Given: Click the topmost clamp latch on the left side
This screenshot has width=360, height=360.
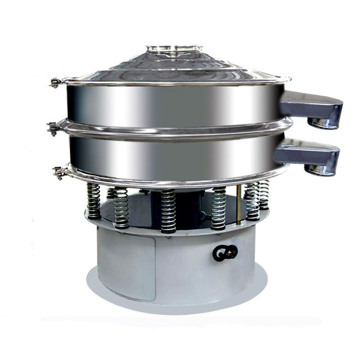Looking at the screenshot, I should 56,83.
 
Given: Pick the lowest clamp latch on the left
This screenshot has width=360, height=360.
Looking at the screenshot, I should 60,171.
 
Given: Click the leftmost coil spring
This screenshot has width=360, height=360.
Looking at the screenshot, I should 94,201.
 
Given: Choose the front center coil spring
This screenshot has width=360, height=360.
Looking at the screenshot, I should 168,210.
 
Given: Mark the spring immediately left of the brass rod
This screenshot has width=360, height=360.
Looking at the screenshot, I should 218,208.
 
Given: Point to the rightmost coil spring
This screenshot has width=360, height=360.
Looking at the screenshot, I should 264,194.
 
